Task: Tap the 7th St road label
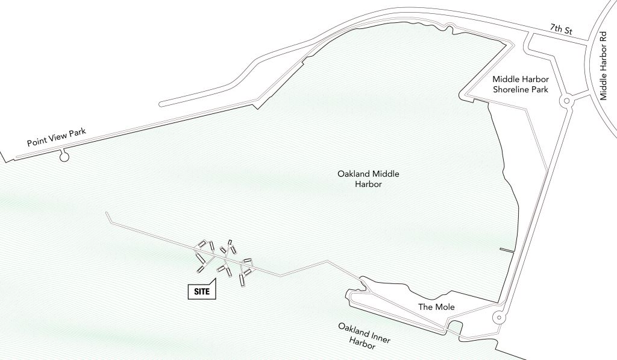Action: (x=562, y=30)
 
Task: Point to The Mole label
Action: (x=436, y=308)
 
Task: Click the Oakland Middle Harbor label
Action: (x=368, y=179)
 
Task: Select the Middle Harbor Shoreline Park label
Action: (x=520, y=84)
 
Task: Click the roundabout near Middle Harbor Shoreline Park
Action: (x=566, y=101)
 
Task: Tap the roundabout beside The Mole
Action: (x=498, y=317)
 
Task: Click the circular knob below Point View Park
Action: (x=64, y=158)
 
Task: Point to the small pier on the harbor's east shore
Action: (x=507, y=250)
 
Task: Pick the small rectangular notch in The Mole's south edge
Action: (x=454, y=328)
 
